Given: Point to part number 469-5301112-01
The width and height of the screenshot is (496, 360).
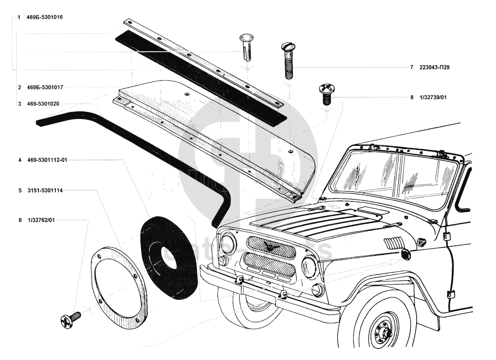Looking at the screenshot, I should pos(47,160).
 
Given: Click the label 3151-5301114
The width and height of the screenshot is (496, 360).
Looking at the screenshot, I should pos(45,191).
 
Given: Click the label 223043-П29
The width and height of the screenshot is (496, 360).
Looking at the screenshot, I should pos(434,67).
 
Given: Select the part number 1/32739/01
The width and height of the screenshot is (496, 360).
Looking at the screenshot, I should pos(433,97).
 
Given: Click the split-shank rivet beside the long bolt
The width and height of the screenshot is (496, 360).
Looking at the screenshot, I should pos(247,47).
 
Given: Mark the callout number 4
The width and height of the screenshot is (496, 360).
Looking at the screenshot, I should pos(20,160).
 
